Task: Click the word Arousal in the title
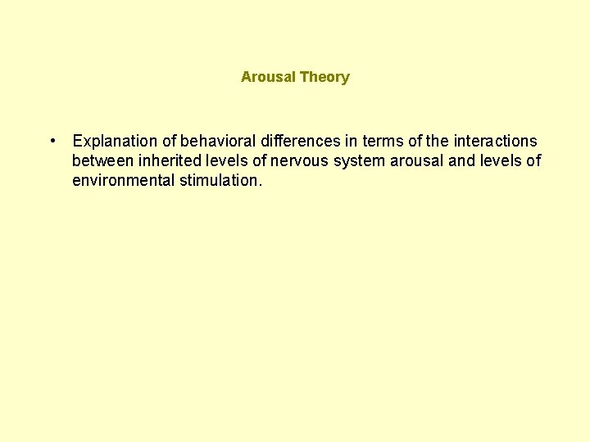click(268, 77)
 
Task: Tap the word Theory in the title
click(324, 77)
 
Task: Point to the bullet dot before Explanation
click(52, 140)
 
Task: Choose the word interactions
click(495, 141)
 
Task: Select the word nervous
click(301, 160)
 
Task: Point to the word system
click(359, 160)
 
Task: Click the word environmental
click(122, 180)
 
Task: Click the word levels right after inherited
click(233, 160)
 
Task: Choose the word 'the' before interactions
click(438, 141)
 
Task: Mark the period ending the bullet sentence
click(260, 184)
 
